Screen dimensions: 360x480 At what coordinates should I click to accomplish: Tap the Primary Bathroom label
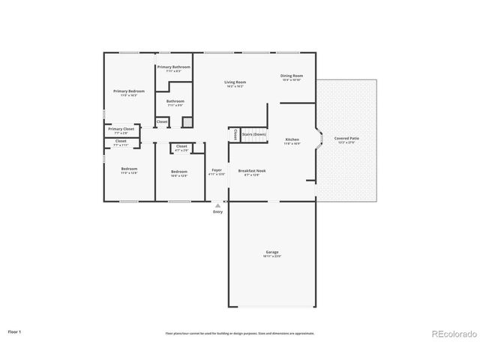click(x=173, y=67)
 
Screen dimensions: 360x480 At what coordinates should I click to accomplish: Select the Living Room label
click(x=235, y=82)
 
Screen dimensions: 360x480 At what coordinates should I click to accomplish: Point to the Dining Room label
click(x=292, y=76)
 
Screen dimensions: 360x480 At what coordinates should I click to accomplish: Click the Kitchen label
click(x=292, y=139)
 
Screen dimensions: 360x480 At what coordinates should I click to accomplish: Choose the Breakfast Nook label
click(x=253, y=170)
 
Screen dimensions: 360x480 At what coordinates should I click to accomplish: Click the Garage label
click(x=271, y=252)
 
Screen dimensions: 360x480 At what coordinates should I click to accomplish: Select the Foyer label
click(x=216, y=170)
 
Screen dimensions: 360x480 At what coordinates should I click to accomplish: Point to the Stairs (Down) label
click(x=253, y=134)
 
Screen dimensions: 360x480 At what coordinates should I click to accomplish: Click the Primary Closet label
click(x=121, y=129)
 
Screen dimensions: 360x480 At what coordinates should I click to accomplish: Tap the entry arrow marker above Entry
click(x=217, y=205)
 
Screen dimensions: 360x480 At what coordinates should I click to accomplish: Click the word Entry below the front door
click(x=217, y=212)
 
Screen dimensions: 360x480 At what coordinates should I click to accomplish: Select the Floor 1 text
click(x=15, y=331)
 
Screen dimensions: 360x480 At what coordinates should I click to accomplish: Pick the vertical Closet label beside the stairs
click(x=235, y=134)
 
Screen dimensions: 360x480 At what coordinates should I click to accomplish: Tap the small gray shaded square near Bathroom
click(x=187, y=121)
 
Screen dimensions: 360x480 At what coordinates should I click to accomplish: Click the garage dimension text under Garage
click(x=271, y=256)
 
